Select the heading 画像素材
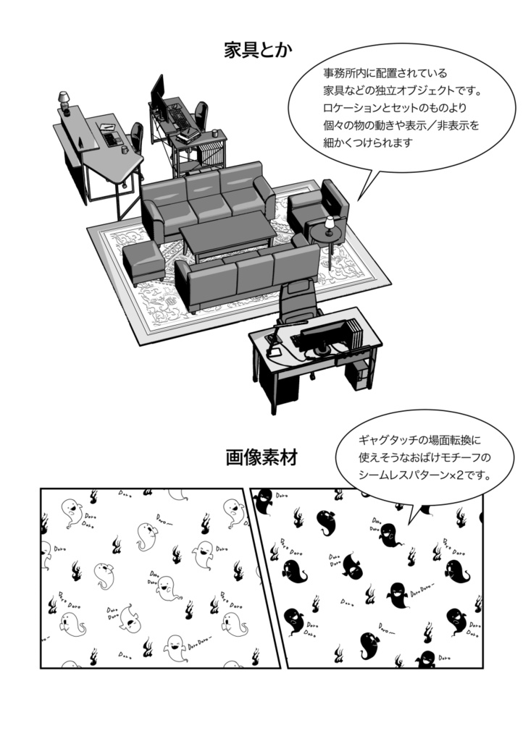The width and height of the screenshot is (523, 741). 261,457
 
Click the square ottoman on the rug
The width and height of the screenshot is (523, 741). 142,262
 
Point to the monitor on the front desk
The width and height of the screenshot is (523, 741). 325,336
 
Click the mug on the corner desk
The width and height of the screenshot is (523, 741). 124,150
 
